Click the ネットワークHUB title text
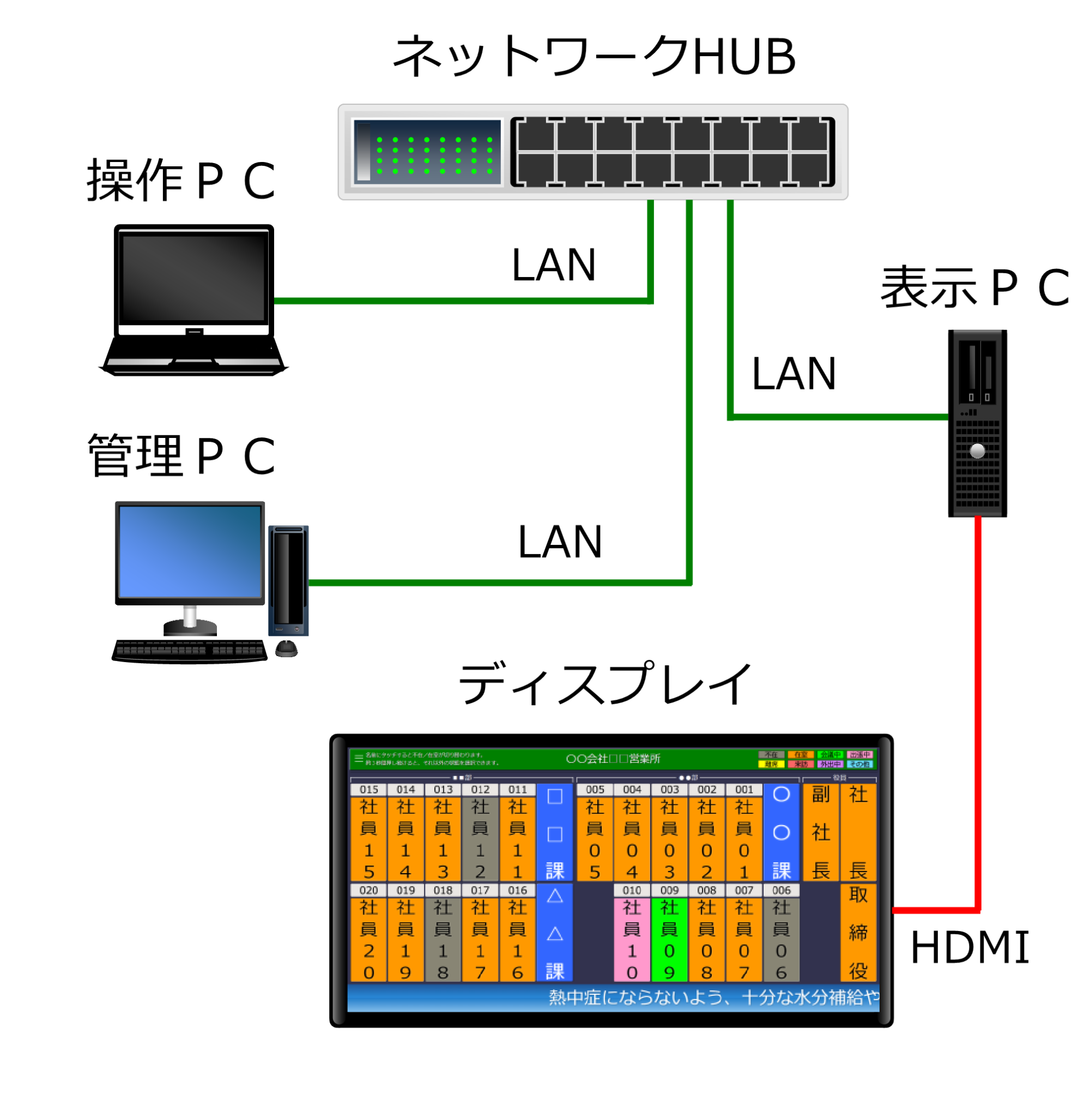point(594,57)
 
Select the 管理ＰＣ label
point(181,456)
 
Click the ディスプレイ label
point(604,684)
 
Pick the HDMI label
point(969,948)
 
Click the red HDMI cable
point(978,707)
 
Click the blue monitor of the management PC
point(190,551)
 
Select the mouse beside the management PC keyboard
point(287,648)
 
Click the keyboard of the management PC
point(190,651)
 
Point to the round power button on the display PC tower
point(978,451)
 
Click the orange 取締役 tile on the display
point(858,933)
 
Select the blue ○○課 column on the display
point(782,832)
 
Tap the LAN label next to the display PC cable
point(794,374)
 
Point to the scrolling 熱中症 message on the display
point(712,998)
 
